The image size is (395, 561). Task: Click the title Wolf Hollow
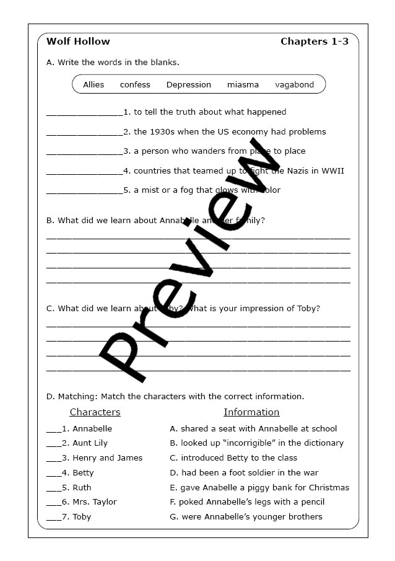(78, 42)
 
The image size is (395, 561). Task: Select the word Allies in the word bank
(93, 84)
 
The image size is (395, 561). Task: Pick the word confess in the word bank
(135, 84)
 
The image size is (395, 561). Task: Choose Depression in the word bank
(189, 84)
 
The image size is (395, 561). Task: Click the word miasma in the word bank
(243, 84)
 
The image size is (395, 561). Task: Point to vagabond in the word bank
(295, 84)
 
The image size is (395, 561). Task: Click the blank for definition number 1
(84, 113)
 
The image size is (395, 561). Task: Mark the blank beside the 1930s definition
(84, 132)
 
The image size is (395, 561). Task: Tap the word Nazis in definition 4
(300, 170)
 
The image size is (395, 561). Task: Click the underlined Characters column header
(95, 412)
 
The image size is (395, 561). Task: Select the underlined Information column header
(251, 412)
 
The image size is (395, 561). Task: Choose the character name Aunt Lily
(90, 443)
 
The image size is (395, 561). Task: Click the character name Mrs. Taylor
(94, 502)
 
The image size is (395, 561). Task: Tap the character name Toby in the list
(82, 517)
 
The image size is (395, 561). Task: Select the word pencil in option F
(311, 502)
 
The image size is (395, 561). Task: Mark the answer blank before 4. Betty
(53, 474)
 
